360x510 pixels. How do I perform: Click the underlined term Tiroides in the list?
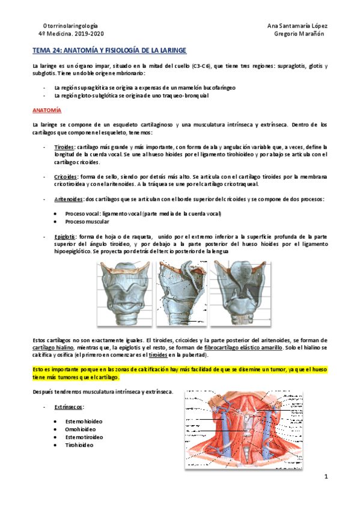64,146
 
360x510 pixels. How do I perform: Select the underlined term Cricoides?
65,176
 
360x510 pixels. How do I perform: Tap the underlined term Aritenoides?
69,198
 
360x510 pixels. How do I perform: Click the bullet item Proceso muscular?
87,221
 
